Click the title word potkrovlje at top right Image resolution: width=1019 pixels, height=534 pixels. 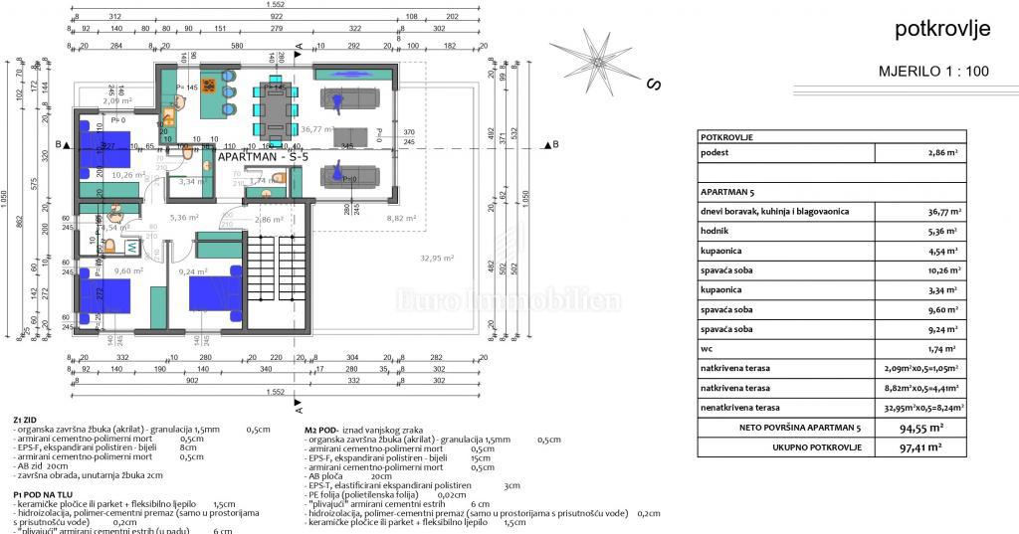point(942,30)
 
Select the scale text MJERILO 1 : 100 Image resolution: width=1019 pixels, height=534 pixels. point(934,72)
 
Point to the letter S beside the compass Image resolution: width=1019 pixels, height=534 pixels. point(654,85)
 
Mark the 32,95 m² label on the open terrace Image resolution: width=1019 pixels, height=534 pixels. point(436,258)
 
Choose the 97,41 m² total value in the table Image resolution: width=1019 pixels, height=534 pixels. point(920,447)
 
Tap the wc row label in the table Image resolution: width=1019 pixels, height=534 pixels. point(707,348)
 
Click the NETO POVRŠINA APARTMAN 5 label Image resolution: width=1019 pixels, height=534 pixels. point(786,427)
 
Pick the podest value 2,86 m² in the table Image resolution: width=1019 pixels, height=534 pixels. point(939,153)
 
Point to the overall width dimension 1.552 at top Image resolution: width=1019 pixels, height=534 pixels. point(278,6)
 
